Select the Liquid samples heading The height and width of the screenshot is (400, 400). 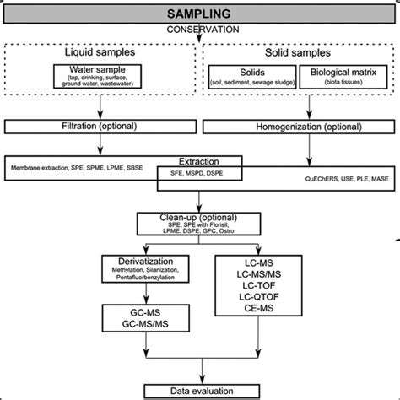point(100,51)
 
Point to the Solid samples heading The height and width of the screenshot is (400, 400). point(300,51)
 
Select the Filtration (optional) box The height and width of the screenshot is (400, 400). point(100,127)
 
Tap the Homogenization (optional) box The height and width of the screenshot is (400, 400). point(300,127)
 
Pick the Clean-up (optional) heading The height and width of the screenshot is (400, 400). point(200,219)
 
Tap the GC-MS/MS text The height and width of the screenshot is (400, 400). point(145,322)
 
